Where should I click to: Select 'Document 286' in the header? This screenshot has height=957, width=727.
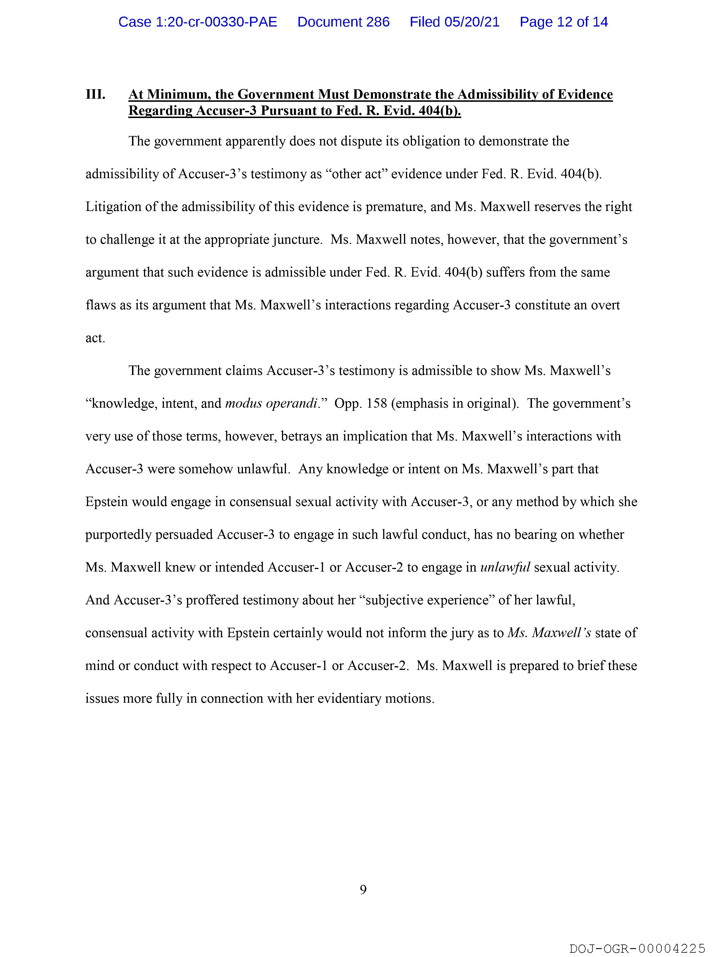343,22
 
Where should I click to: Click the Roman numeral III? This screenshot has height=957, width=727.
95,94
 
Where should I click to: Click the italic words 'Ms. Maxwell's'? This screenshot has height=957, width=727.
549,633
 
